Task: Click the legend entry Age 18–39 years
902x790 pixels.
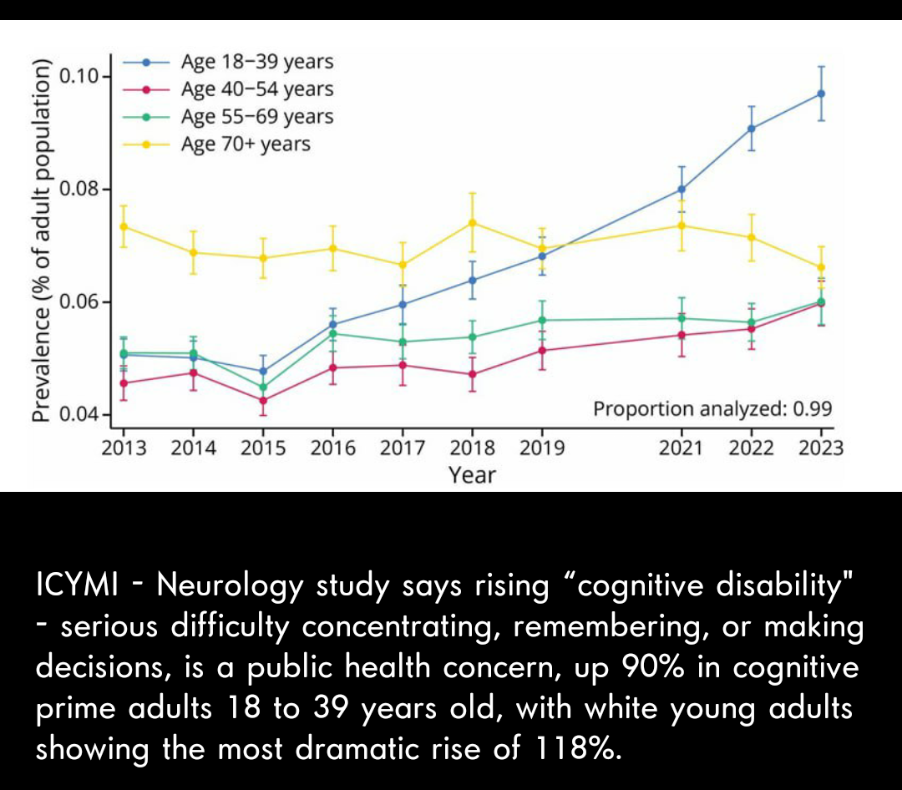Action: pyautogui.click(x=256, y=62)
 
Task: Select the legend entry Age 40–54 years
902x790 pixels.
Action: pyautogui.click(x=256, y=89)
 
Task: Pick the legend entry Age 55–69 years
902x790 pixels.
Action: pyautogui.click(x=256, y=117)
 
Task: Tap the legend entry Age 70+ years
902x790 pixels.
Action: pyautogui.click(x=245, y=144)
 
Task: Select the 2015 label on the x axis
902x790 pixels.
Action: pyautogui.click(x=263, y=448)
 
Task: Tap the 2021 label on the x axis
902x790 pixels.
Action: pyautogui.click(x=681, y=448)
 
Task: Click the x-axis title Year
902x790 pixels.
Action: pyautogui.click(x=472, y=475)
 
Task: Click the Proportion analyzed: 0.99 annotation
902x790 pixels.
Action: pyautogui.click(x=712, y=409)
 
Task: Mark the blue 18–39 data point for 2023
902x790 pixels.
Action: pyautogui.click(x=821, y=94)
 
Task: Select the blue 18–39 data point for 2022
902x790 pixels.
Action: pyautogui.click(x=752, y=129)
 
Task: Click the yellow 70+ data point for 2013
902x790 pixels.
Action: pyautogui.click(x=124, y=226)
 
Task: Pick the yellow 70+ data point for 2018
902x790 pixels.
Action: pyautogui.click(x=473, y=222)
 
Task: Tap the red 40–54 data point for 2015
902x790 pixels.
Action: pyautogui.click(x=264, y=400)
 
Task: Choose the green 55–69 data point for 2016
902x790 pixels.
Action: pyautogui.click(x=332, y=333)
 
